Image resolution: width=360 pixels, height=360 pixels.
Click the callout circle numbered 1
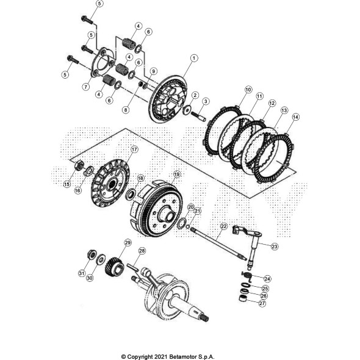(x=194, y=58)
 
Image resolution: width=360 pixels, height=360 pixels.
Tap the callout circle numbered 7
(x=86, y=87)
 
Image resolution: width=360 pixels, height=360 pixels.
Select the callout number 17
(x=134, y=149)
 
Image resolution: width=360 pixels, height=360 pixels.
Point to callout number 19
(x=176, y=175)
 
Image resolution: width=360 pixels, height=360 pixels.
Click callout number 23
(x=275, y=247)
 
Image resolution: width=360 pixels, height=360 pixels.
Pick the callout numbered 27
(x=262, y=303)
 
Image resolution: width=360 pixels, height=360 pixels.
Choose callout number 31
(x=82, y=273)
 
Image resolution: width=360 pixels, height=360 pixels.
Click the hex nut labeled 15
(x=79, y=165)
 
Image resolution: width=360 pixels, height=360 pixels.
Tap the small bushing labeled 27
(x=243, y=299)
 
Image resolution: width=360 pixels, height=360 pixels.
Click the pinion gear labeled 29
(x=114, y=267)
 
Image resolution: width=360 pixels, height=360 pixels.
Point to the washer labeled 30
(x=100, y=259)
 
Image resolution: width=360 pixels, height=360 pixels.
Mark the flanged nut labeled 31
(x=92, y=254)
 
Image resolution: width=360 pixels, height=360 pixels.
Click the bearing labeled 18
(x=131, y=194)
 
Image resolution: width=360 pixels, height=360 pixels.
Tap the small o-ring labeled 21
(x=187, y=227)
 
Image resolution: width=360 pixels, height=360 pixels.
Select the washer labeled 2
(x=187, y=109)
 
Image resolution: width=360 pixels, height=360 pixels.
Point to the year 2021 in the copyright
(x=161, y=357)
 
